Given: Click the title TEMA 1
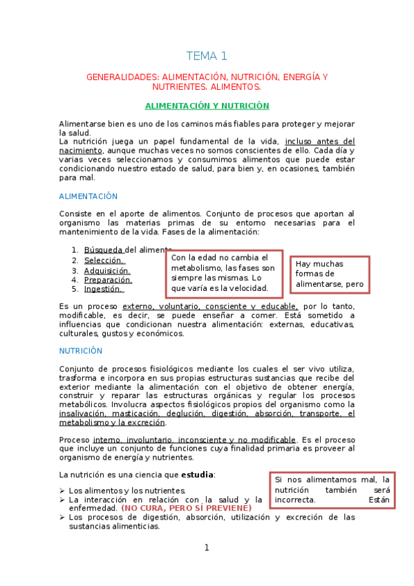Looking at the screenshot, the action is (207, 56).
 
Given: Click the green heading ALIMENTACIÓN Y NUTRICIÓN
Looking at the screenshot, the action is (207, 106).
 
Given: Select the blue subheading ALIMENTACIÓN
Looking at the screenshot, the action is (88, 196).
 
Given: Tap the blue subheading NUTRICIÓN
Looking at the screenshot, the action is (81, 350).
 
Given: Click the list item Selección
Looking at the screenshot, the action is (104, 260).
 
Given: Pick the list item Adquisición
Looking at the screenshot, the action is (108, 270).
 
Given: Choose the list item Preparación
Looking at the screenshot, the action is (108, 280).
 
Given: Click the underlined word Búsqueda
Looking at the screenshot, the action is (104, 249).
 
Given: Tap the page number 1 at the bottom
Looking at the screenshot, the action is (206, 548).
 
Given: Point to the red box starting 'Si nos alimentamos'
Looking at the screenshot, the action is (332, 489).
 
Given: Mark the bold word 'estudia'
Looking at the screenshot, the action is (197, 475).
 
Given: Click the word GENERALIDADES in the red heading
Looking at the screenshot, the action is (122, 77).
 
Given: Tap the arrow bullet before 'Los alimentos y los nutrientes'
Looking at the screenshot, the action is (62, 491).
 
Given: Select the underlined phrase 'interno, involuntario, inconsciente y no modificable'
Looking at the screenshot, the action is (194, 439).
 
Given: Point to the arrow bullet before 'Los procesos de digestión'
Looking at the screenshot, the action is (62, 517).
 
